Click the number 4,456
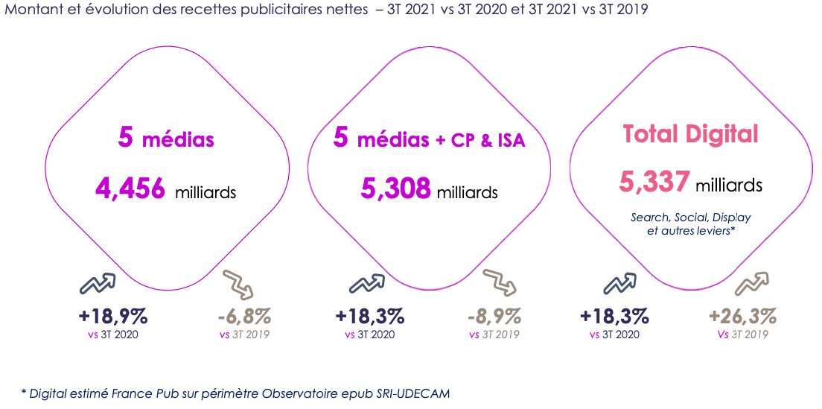click(130, 188)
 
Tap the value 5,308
click(395, 188)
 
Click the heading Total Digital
click(690, 134)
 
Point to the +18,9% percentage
click(113, 316)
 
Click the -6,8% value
click(244, 316)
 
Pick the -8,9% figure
click(494, 316)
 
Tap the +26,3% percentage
click(743, 316)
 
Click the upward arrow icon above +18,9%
click(98, 284)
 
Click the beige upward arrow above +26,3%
click(752, 284)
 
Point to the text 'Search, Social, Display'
click(690, 218)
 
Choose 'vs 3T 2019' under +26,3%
click(743, 335)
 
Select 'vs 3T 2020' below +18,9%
click(113, 335)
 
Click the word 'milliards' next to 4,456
click(205, 192)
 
